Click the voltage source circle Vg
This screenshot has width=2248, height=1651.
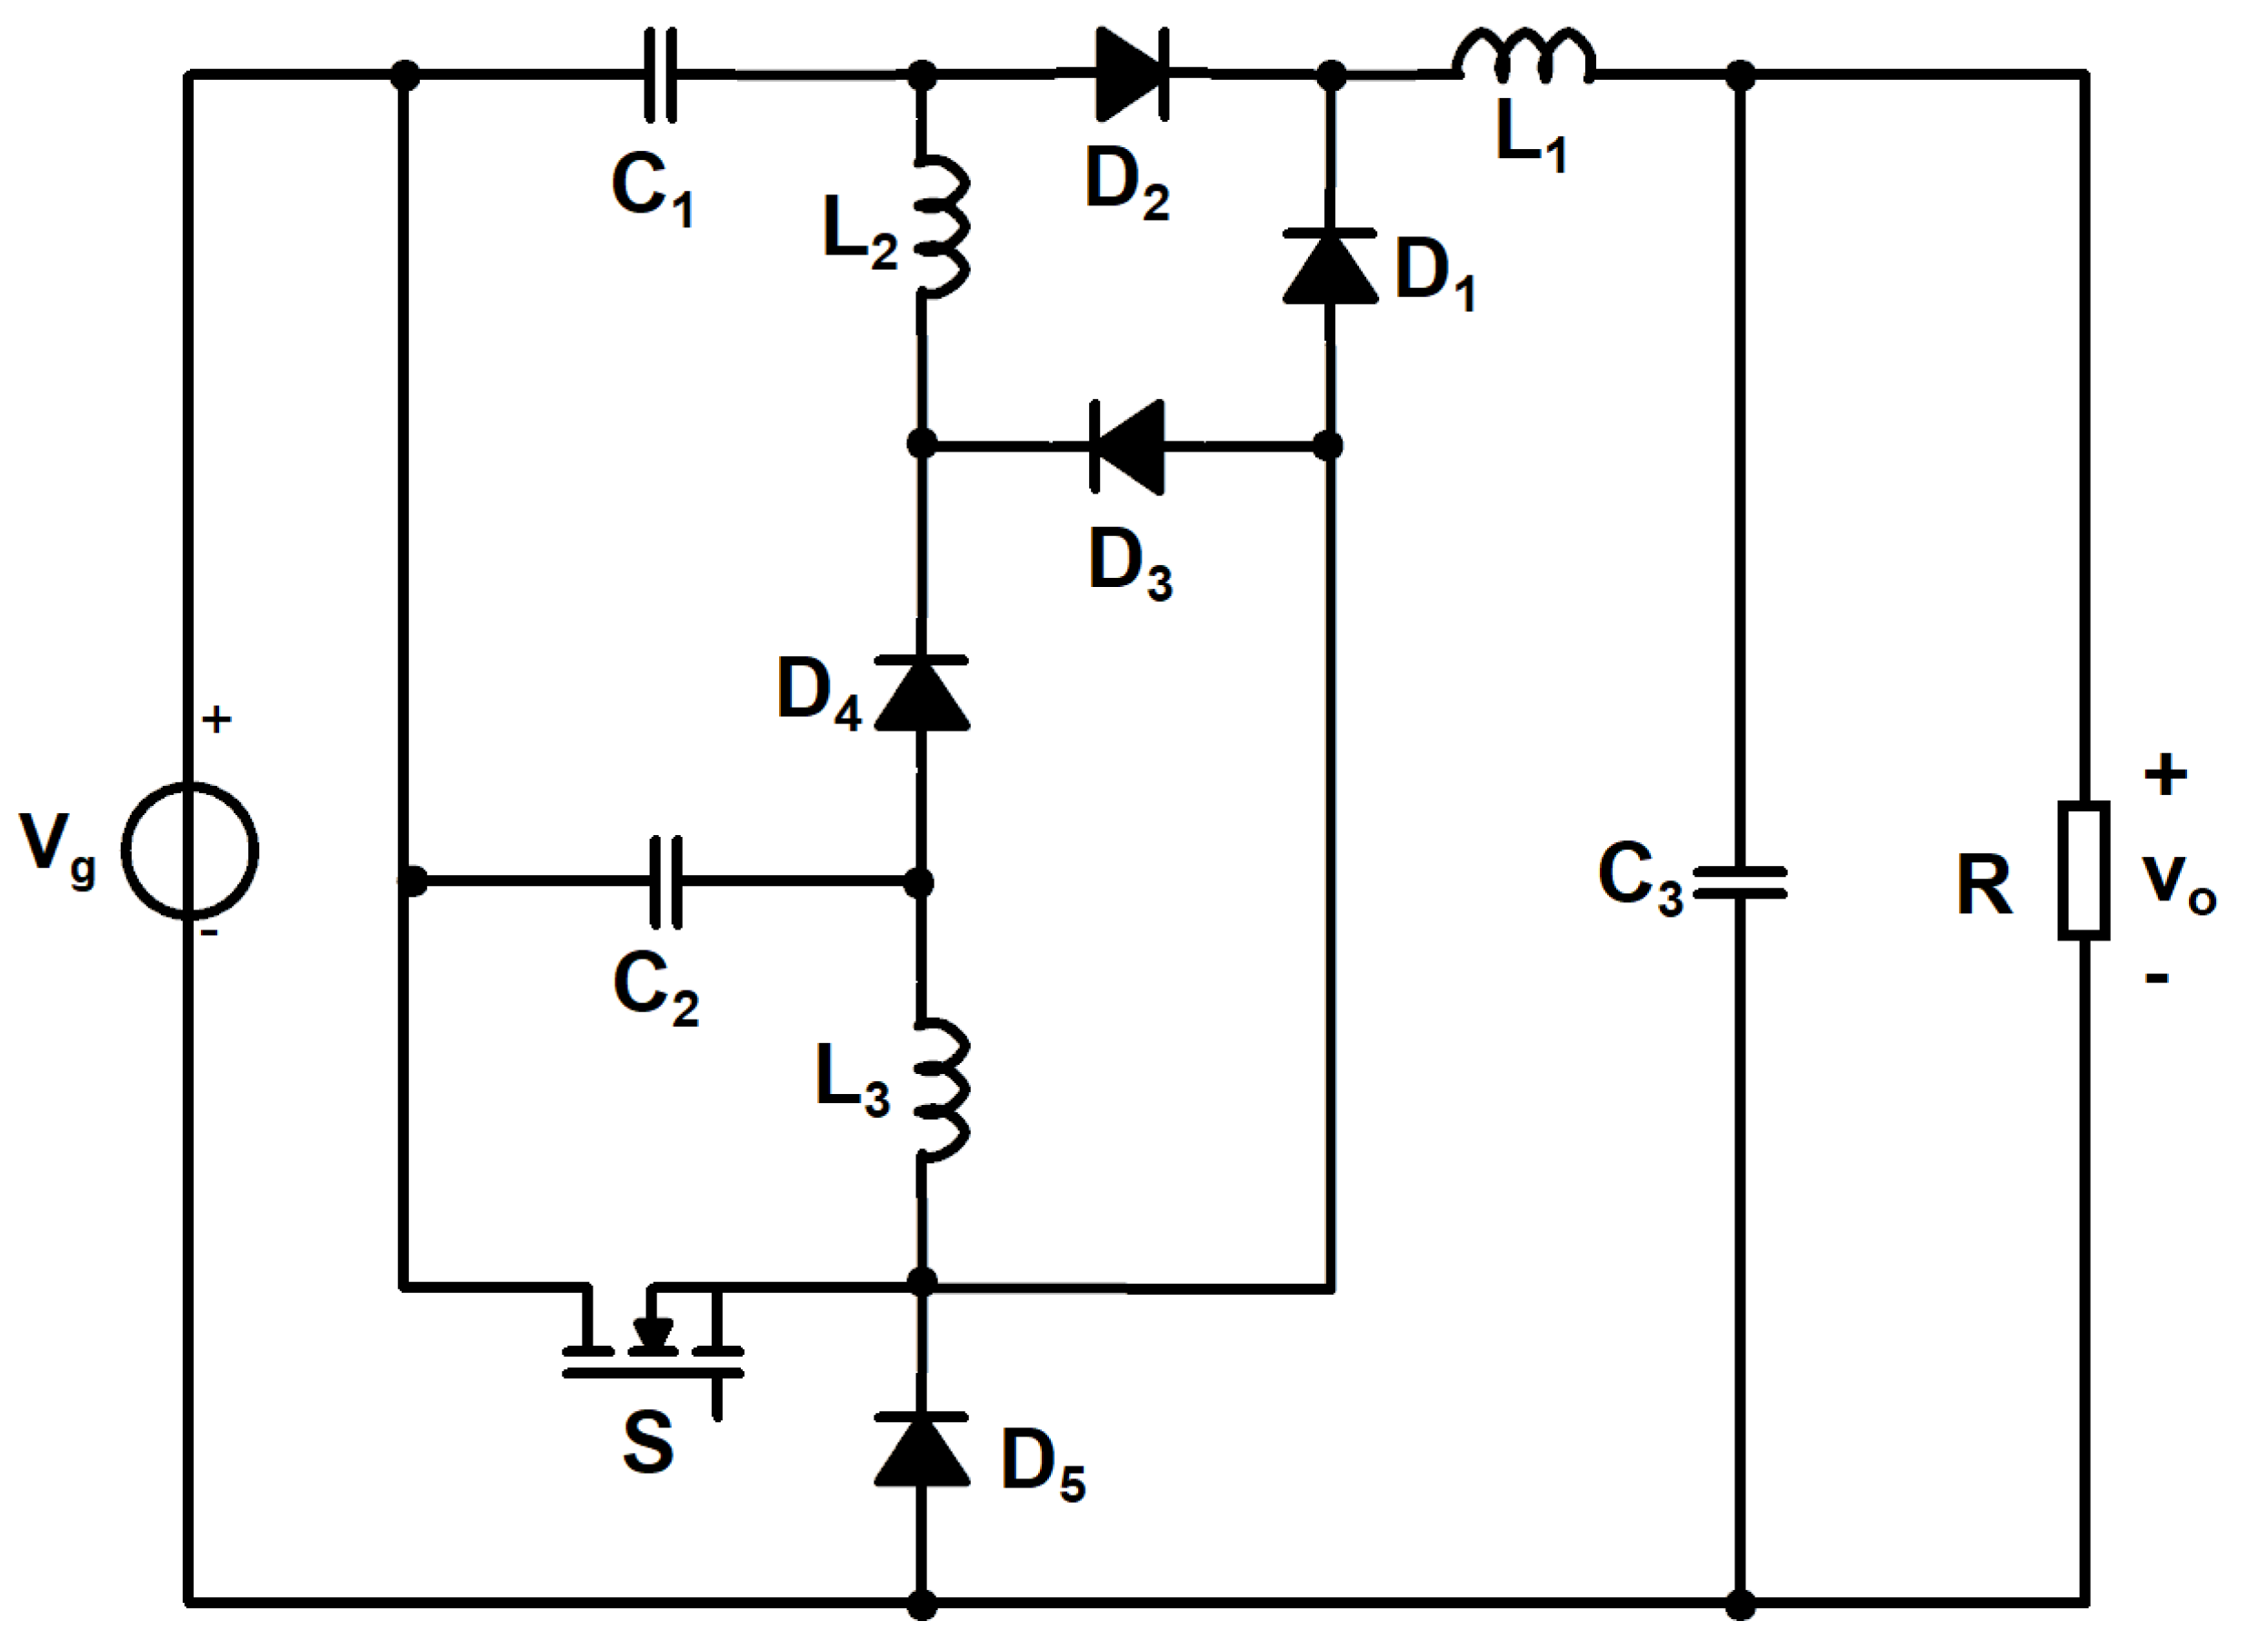click(190, 850)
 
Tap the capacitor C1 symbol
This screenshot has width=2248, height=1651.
click(660, 75)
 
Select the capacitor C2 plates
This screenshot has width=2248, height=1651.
click(665, 881)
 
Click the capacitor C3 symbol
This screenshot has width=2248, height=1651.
click(1740, 881)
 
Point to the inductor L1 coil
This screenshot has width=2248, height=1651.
click(1524, 55)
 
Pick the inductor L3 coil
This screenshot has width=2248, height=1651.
click(940, 1089)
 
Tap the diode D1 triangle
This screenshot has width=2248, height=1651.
click(1331, 267)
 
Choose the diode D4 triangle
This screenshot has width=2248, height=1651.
click(922, 694)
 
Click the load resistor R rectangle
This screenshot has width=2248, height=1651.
click(2084, 870)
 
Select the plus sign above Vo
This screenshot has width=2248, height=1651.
click(2165, 774)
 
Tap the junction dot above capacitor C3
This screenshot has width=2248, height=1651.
click(1740, 75)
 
